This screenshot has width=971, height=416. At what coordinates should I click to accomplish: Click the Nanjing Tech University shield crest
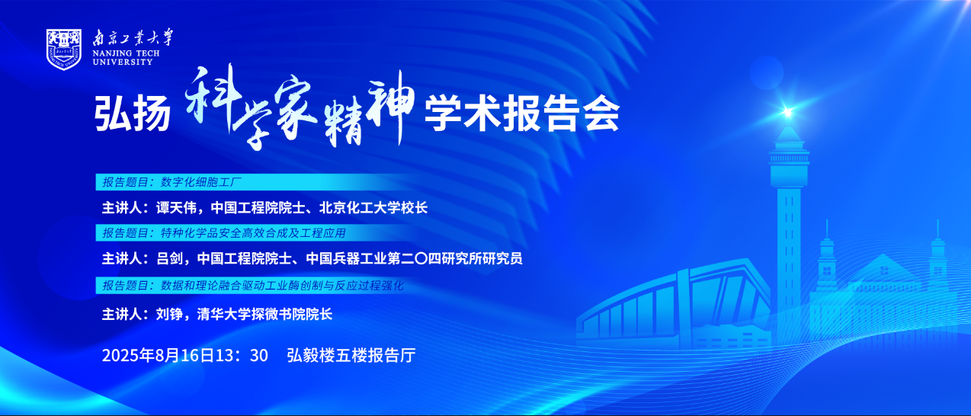(64, 49)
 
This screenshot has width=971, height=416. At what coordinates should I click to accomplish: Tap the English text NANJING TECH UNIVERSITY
(127, 58)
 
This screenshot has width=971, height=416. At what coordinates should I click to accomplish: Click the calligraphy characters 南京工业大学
(133, 37)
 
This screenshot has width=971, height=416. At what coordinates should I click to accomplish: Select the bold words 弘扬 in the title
(132, 114)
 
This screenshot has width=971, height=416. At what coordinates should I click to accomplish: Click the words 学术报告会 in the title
(522, 114)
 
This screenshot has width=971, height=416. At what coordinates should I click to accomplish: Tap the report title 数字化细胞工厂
(201, 182)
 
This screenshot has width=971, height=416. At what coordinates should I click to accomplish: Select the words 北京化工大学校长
(373, 208)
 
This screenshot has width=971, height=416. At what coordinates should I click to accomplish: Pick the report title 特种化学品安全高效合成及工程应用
(253, 233)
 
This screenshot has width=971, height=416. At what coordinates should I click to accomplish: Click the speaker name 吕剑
(169, 259)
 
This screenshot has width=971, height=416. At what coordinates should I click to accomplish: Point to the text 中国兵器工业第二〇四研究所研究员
(414, 259)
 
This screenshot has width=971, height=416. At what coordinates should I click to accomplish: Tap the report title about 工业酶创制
(282, 286)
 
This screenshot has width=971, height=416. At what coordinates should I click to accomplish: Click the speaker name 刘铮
(169, 314)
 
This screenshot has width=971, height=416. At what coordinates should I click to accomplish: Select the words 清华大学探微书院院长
(265, 314)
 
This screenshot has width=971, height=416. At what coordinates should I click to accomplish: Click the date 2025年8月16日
(159, 355)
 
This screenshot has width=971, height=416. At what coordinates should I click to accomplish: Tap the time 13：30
(242, 355)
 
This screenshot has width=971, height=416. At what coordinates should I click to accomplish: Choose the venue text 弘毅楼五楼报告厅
(351, 355)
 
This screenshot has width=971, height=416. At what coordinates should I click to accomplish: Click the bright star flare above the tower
(787, 112)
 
